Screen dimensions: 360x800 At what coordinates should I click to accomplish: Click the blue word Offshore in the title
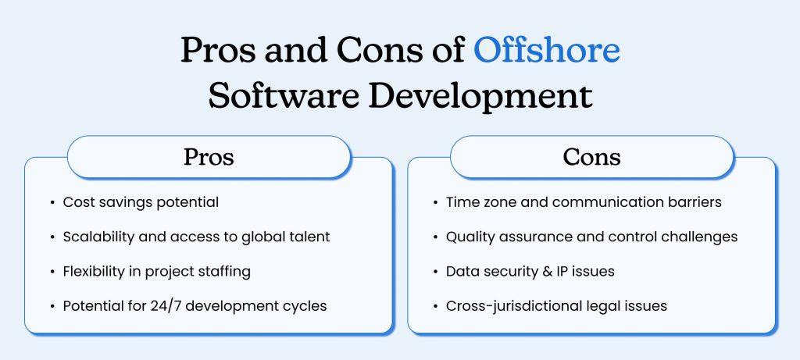[x=547, y=50]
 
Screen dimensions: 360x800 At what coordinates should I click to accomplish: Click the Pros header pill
[x=209, y=157]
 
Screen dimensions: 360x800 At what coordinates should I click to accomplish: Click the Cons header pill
[x=591, y=157]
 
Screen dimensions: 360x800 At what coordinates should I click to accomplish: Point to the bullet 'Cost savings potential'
[x=141, y=202]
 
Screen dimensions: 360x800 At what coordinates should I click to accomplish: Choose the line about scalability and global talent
[x=196, y=237]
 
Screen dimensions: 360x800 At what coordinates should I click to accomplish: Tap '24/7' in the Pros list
[x=166, y=305]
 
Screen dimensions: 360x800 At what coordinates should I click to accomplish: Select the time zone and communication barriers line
[x=584, y=202]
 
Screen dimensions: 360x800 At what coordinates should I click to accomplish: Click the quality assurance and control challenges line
[x=591, y=237]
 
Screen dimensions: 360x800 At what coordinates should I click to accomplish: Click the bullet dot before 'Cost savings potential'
[x=52, y=202]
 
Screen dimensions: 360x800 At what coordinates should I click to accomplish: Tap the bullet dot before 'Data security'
[x=435, y=271]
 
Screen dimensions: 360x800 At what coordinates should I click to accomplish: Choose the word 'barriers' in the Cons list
[x=694, y=202]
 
